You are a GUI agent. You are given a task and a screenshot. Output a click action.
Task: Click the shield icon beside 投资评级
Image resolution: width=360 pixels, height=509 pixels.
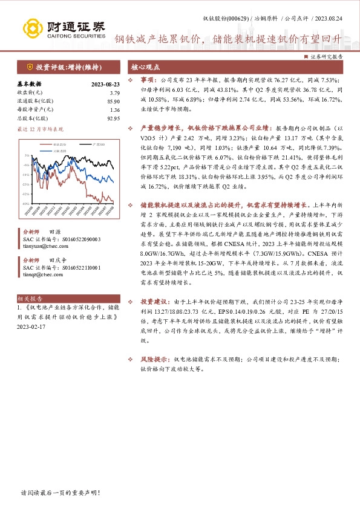point(28,67)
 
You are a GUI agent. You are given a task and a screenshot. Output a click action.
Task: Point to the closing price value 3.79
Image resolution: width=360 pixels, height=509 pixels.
point(115,92)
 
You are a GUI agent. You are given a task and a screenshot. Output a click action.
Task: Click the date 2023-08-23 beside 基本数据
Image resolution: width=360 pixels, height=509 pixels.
point(105,84)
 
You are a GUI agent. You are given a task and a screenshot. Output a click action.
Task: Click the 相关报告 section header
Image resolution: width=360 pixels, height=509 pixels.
point(30,299)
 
